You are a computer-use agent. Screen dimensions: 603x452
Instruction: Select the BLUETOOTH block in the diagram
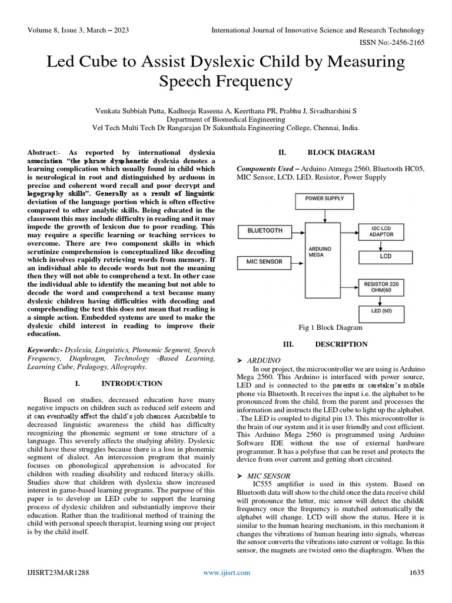click(265, 231)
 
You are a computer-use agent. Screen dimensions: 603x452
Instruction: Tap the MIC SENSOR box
click(265, 261)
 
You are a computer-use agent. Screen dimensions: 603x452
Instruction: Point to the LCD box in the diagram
click(385, 257)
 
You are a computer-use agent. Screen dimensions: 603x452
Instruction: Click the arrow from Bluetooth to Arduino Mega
click(300, 231)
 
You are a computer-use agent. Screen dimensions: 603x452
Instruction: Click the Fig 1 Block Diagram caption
click(331, 327)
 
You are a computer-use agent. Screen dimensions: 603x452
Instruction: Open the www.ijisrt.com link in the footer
click(226, 572)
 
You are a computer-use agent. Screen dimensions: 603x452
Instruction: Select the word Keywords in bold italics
click(45, 349)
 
